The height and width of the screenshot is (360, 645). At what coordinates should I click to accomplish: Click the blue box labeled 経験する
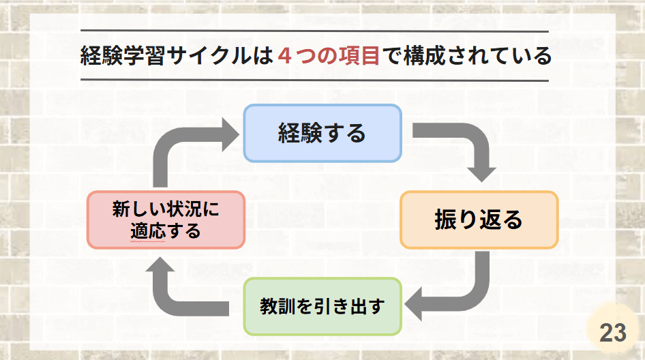pos(322,133)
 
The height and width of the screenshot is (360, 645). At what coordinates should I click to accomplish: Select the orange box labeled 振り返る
pos(479,220)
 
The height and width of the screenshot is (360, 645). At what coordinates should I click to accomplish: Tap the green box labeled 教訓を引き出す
pos(322,307)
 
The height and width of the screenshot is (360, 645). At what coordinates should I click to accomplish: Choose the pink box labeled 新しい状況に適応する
pos(166,220)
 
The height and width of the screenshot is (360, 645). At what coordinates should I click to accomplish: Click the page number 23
pos(613,333)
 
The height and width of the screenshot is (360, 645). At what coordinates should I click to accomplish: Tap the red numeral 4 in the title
pos(284,55)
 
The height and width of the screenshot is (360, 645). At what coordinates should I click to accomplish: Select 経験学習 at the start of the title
pos(123,55)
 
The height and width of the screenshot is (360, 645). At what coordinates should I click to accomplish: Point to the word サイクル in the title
pos(209,55)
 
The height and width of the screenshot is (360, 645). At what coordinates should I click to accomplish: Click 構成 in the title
pos(425,55)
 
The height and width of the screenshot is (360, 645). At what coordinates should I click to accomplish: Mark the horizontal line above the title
pos(315,31)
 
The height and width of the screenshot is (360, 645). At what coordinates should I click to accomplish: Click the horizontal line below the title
pos(315,80)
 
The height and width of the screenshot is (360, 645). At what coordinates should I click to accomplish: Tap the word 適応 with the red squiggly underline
pos(148,231)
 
